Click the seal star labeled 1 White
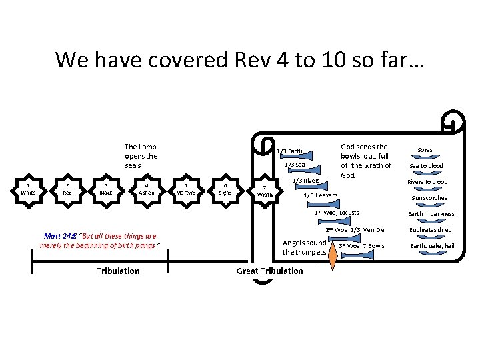point(28,189)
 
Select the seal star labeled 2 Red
point(67,189)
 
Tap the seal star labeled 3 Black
point(105,189)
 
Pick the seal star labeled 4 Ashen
point(147,189)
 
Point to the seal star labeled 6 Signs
point(227,189)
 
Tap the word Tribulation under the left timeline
point(118,271)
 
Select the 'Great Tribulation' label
point(269,271)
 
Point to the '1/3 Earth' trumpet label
point(289,151)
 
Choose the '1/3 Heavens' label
point(321,195)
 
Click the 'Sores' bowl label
point(425,149)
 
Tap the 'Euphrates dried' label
point(431,230)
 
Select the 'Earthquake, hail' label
point(433,246)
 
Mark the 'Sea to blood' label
point(426,166)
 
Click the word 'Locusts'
point(349,213)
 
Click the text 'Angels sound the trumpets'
point(304,247)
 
